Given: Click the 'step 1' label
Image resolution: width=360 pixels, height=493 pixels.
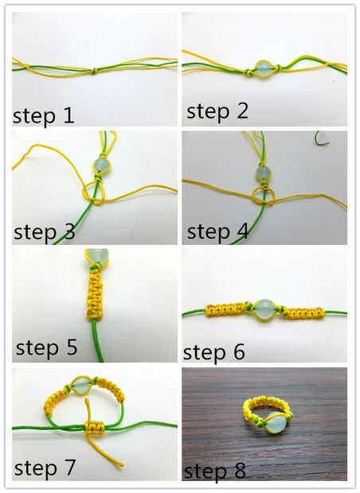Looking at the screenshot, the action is tap(44, 116).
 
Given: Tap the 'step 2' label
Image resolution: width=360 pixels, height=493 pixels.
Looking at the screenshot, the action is tap(217, 111).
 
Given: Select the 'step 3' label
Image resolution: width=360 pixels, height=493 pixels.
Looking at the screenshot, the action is tap(45, 232).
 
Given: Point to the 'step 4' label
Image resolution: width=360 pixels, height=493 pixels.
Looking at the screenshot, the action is tap(217, 232).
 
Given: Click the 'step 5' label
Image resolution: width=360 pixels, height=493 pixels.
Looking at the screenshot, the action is tap(46, 347).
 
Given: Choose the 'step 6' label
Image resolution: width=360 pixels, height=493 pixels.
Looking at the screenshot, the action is tap(214, 352).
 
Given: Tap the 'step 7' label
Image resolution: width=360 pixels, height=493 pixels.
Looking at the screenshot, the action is tap(45, 468).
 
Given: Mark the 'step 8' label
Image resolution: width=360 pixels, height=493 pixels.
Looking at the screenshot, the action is tap(214, 471).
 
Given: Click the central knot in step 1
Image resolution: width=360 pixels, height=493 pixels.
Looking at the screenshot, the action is tap(93, 71).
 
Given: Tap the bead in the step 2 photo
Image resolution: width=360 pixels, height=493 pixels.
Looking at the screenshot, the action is tap(262, 69).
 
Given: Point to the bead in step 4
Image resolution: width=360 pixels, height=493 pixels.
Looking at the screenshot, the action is tap(263, 173).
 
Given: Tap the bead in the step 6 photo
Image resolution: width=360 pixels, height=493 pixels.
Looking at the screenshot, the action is tap(264, 310).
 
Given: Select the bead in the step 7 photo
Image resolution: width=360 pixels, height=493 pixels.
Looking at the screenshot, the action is tap(81, 386).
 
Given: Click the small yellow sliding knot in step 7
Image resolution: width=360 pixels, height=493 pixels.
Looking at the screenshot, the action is tap(94, 428).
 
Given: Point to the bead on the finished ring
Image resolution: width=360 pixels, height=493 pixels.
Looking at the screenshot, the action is tap(276, 422).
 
